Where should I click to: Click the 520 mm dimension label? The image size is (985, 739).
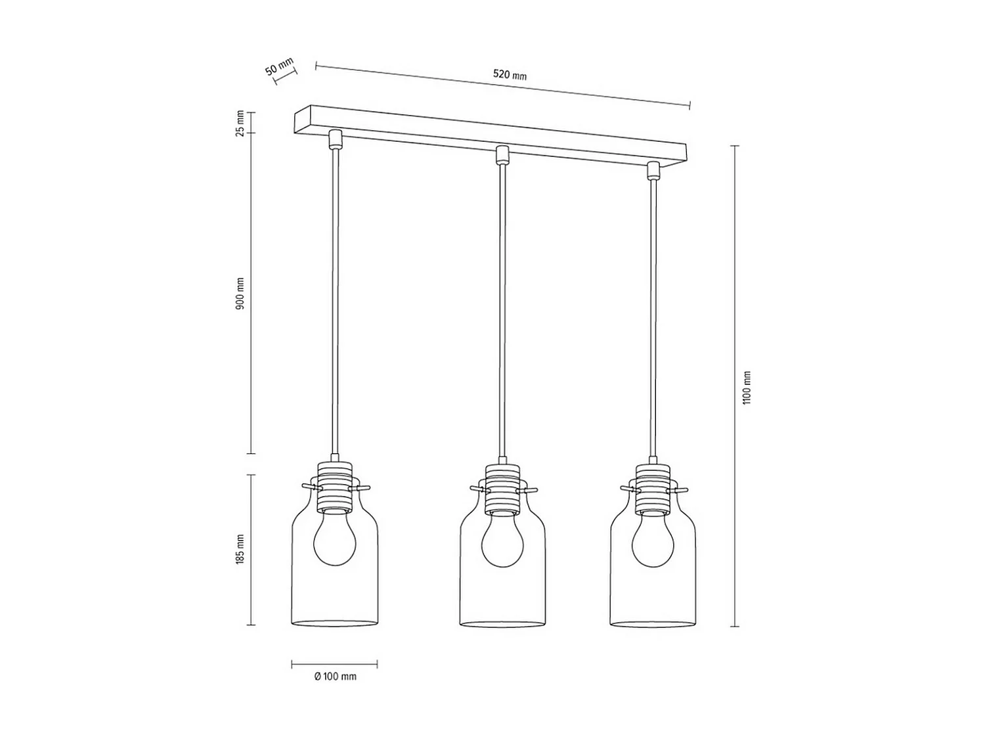510,75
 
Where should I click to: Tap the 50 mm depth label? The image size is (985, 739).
280,66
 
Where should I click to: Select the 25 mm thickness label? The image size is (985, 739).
240,123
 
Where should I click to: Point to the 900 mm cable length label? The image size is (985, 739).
240,294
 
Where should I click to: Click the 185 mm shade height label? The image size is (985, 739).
240,549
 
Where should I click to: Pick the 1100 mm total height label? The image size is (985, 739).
747,388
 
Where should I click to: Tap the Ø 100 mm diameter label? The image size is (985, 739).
335,677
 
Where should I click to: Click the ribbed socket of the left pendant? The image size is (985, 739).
335,486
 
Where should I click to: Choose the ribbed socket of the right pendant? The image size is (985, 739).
653,488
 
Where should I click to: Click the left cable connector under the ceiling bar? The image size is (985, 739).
335,139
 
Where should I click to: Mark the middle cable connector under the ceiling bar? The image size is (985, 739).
502,155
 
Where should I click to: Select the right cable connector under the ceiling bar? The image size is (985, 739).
653,170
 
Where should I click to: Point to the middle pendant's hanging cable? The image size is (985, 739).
502,309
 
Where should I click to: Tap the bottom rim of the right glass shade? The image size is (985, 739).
653,623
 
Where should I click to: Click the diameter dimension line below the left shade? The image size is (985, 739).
335,664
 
